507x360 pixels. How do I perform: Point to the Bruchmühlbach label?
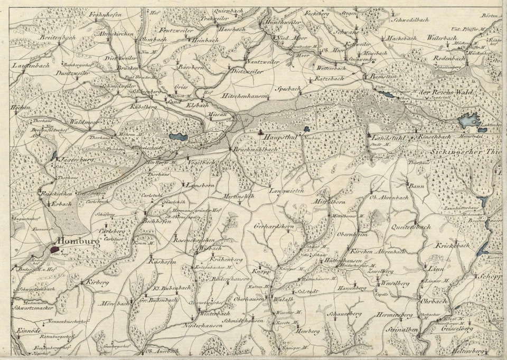pos(256,149)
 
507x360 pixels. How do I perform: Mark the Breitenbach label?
pos(58,38)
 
